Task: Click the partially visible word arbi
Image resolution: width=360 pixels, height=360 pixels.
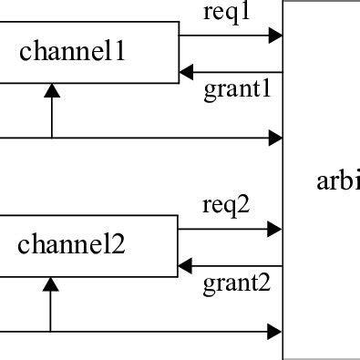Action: (337, 181)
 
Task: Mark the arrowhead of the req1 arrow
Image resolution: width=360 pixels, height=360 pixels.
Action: (276, 36)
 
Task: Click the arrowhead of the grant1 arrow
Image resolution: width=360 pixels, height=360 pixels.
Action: (186, 71)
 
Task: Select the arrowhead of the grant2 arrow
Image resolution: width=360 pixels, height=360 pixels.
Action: (186, 266)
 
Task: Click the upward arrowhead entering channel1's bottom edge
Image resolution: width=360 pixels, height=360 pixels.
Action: (52, 89)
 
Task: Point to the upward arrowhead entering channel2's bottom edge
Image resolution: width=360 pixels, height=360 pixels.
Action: (51, 283)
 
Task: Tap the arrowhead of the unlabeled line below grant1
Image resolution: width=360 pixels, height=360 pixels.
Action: (276, 139)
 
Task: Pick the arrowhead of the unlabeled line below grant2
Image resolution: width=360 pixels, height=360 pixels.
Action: (276, 331)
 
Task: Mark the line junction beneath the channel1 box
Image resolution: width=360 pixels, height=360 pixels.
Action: (52, 139)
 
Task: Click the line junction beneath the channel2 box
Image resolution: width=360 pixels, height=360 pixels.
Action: (51, 331)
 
